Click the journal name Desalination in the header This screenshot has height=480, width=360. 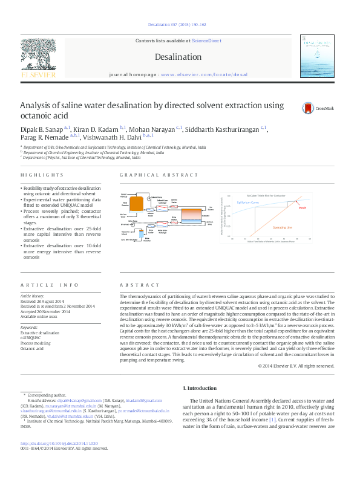coord(178,57)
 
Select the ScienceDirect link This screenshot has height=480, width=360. coord(206,41)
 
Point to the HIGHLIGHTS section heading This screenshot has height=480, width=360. coord(42,175)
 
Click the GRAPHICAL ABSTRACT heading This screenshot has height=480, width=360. coord(151,175)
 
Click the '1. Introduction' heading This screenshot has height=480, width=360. coord(199,388)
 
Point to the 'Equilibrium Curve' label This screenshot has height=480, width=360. coord(248,203)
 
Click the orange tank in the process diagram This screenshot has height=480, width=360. coord(136,205)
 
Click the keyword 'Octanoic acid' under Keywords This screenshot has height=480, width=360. coord(32,349)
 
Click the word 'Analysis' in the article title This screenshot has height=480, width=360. coord(39,105)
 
